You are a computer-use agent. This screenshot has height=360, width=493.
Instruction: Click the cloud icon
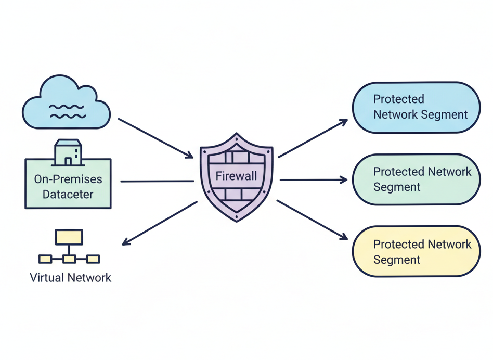67,102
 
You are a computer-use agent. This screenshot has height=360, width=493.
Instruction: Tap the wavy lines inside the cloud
67,112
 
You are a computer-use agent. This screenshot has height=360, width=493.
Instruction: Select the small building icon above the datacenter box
68,152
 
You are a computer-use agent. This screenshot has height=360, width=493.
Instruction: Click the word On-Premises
68,179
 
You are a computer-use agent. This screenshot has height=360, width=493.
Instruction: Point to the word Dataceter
68,194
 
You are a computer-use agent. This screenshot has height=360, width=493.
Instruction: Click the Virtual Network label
70,278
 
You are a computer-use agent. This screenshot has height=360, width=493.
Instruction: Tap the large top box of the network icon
69,237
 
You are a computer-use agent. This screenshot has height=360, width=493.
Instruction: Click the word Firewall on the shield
236,176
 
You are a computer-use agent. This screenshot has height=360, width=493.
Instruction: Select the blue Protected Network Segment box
416,108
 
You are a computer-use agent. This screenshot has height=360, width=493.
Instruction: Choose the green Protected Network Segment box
416,179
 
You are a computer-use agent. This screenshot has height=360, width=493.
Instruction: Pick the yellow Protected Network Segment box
416,251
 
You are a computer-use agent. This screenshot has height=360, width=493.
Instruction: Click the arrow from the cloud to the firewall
155,138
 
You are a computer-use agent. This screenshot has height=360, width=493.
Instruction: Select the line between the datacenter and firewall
157,181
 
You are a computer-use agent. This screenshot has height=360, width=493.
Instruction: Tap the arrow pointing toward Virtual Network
160,223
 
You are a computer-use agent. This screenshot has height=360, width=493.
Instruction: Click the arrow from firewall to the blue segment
313,138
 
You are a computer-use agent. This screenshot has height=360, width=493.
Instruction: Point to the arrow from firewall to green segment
314,180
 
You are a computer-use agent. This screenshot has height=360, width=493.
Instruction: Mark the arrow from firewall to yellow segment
312,220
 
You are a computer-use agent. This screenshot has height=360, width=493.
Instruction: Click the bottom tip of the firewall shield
237,221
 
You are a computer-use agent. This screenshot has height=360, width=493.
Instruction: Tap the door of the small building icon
68,162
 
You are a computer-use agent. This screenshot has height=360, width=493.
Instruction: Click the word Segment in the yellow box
397,260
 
